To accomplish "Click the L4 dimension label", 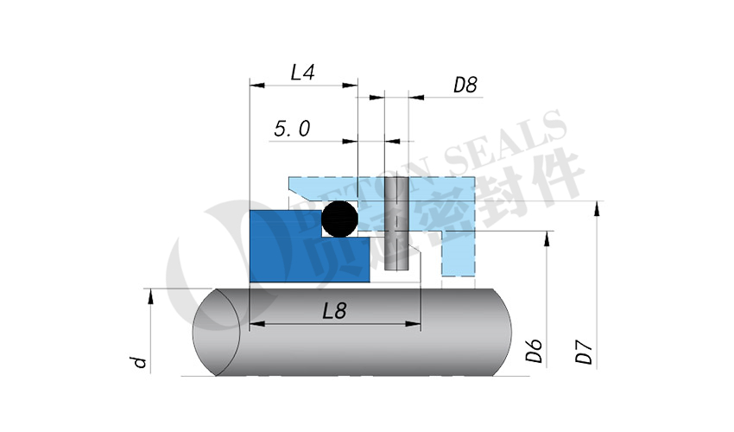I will pyautogui.click(x=301, y=73).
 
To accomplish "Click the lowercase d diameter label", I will pyautogui.click(x=137, y=361).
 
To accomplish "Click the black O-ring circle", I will pyautogui.click(x=339, y=219).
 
